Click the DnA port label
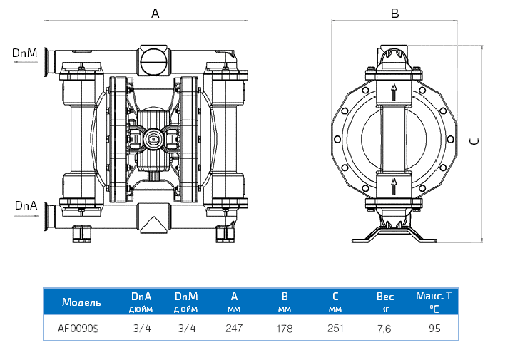(x=25, y=205)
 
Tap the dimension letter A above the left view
(x=155, y=13)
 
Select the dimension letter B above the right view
(x=394, y=13)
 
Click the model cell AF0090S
(x=78, y=329)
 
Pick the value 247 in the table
(x=234, y=329)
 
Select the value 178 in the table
(x=285, y=329)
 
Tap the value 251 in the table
(x=335, y=329)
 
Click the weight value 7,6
(x=385, y=329)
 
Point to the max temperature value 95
(x=435, y=329)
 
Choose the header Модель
(x=81, y=302)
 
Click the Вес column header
(x=385, y=297)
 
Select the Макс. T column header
(x=434, y=295)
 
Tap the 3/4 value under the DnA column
(x=142, y=329)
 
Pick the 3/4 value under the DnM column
(x=185, y=329)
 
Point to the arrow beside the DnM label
(x=25, y=61)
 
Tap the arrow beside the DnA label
(x=25, y=215)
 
